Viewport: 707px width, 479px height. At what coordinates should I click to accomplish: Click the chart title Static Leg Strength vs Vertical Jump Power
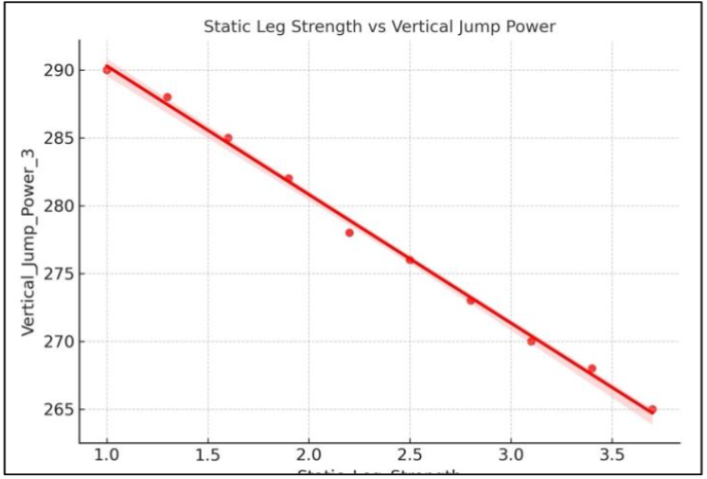point(380,27)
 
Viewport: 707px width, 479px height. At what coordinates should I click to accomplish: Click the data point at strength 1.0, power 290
point(107,69)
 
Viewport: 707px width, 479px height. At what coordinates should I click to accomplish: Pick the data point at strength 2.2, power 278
point(349,232)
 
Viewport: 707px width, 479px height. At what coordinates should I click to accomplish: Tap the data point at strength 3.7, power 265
point(652,409)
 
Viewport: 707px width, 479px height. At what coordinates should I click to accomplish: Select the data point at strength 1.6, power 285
point(228,137)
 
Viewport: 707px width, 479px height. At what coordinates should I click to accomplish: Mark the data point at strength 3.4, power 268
point(592,368)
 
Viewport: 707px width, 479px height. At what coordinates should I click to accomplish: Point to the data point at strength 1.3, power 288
point(168,97)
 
